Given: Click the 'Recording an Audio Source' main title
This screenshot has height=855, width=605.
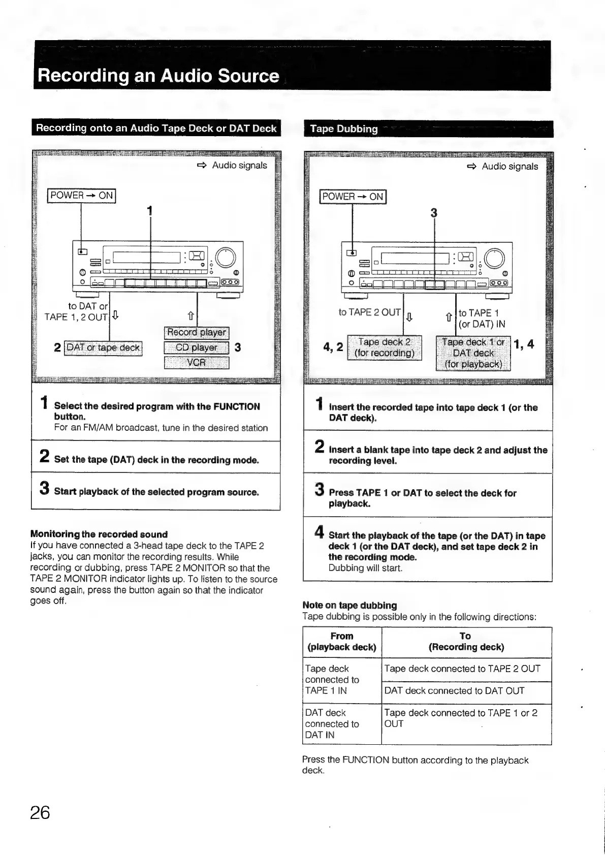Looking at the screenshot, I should click(x=158, y=76).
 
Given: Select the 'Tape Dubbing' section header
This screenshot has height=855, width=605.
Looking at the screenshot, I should click(x=344, y=129).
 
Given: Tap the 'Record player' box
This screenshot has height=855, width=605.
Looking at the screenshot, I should click(x=197, y=332).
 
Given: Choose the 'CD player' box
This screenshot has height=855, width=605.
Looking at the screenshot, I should click(x=197, y=347).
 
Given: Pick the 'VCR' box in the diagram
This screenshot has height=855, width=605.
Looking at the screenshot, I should click(x=197, y=363).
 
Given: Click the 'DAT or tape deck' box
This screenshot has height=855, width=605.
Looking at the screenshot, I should click(x=103, y=347).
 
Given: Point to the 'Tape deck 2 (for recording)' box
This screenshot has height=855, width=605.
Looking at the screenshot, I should click(x=384, y=347).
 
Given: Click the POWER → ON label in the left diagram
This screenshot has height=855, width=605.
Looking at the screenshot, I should click(x=81, y=195).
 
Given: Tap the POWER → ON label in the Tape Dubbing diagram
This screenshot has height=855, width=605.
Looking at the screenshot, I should click(x=353, y=196).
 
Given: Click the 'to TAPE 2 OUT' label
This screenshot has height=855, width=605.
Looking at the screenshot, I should click(x=369, y=312).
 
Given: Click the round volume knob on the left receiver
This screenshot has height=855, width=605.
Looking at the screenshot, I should click(x=226, y=258).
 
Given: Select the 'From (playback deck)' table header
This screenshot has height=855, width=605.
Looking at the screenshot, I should click(x=342, y=642).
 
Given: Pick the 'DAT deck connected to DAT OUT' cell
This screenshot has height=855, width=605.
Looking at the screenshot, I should click(x=454, y=690).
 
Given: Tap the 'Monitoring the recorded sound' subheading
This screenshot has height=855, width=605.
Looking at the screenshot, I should click(x=99, y=534).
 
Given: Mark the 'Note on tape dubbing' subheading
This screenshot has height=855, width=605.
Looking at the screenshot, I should click(x=349, y=605).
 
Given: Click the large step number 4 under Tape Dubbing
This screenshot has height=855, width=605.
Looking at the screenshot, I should click(x=319, y=532).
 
